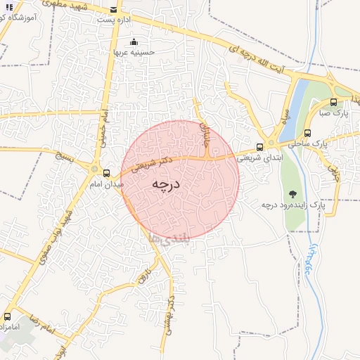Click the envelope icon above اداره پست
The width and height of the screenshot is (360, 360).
(115, 10)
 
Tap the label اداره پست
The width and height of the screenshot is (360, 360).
(115, 20)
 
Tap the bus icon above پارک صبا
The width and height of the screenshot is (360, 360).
(333, 102)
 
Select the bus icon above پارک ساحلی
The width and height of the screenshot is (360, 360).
(307, 132)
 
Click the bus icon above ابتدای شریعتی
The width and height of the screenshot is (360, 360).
(260, 147)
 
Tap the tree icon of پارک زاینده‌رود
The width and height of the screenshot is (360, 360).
(292, 194)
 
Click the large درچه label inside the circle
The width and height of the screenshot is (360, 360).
(167, 184)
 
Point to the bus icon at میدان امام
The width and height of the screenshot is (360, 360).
(106, 172)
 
